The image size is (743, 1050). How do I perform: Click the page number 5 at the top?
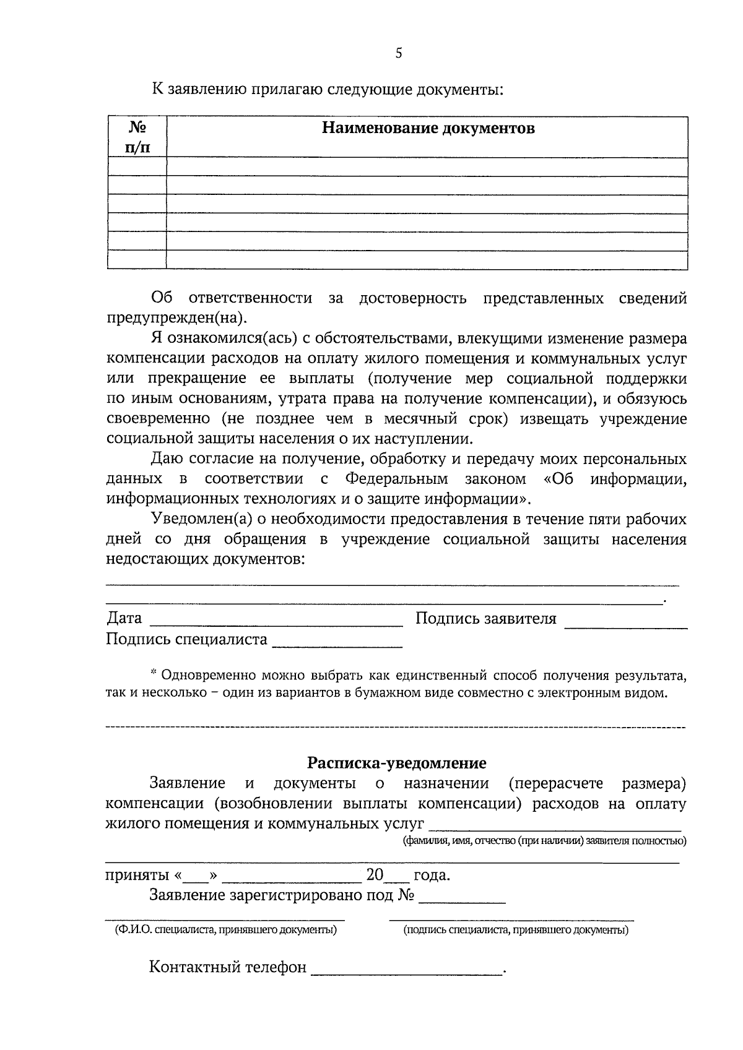398,53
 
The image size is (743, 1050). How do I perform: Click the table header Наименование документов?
428,129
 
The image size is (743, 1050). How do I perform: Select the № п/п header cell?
137,137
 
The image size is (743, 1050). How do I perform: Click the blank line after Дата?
276,626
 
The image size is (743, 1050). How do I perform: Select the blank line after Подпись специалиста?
337,647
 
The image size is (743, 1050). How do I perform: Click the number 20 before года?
375,876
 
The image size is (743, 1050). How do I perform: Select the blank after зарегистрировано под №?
462,903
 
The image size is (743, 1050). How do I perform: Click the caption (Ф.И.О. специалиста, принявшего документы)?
225,930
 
